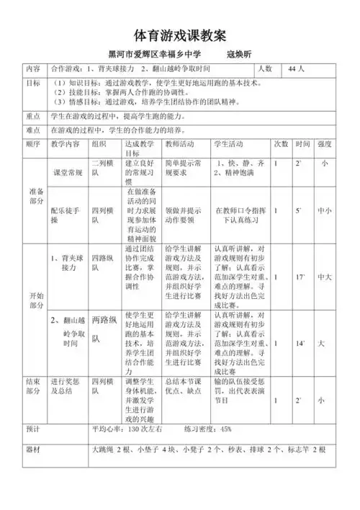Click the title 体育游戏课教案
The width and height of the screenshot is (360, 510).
pyautogui.click(x=181, y=35)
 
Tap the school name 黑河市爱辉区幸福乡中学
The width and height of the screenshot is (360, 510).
pyautogui.click(x=154, y=55)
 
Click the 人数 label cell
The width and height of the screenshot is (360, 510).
pyautogui.click(x=264, y=69)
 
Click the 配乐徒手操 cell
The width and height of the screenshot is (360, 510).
pyautogui.click(x=66, y=217)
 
